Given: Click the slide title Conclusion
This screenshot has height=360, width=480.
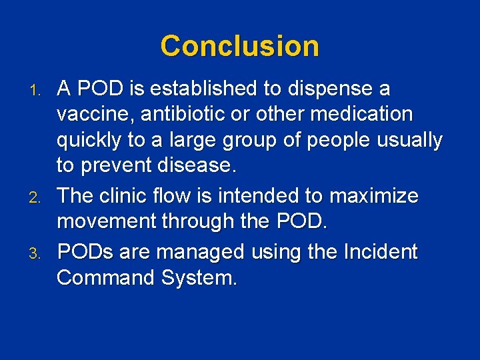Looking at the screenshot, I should (239, 46).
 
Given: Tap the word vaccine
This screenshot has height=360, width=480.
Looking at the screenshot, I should (94, 115).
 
